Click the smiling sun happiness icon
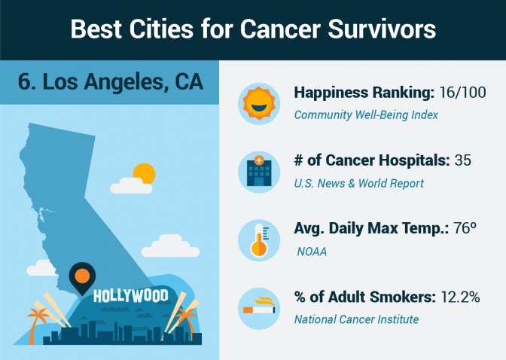point(259,104)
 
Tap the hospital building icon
point(259,172)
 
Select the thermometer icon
point(259,240)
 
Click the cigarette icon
point(259,306)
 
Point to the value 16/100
point(462,93)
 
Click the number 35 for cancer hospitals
point(463,160)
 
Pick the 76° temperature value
point(465,228)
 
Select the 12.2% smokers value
point(460,297)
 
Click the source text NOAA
point(312,252)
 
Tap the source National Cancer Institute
point(356,319)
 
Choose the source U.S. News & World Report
point(358,184)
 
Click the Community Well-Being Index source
point(366,115)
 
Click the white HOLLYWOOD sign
point(131,296)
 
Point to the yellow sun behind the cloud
point(145,174)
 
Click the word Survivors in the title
point(382,29)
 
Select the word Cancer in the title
point(280,29)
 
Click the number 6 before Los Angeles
point(25,81)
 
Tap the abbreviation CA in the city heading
point(189,81)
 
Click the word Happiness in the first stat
point(331,93)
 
